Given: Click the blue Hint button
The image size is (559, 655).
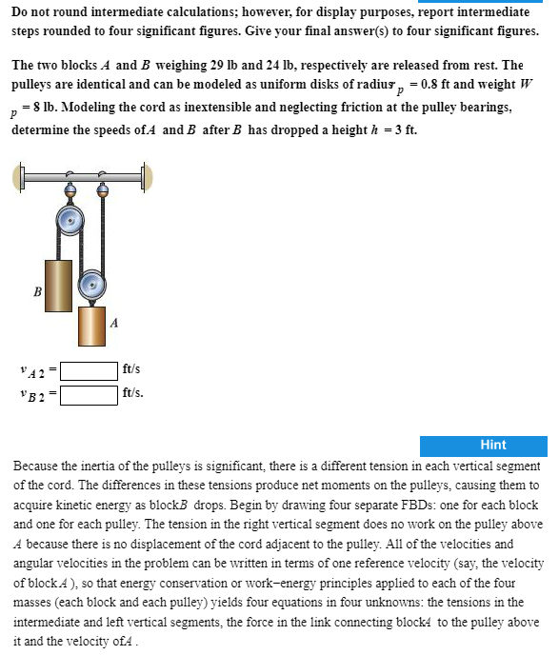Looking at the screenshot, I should click(492, 445).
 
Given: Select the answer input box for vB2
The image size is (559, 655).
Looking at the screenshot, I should click(90, 391).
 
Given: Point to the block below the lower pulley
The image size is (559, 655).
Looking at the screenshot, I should click(91, 327).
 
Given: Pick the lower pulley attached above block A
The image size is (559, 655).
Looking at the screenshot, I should click(91, 283).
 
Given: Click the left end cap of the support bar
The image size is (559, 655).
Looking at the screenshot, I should click(19, 177).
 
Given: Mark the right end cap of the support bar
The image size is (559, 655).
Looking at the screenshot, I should click(148, 176).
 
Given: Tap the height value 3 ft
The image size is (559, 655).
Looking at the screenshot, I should click(407, 129).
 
